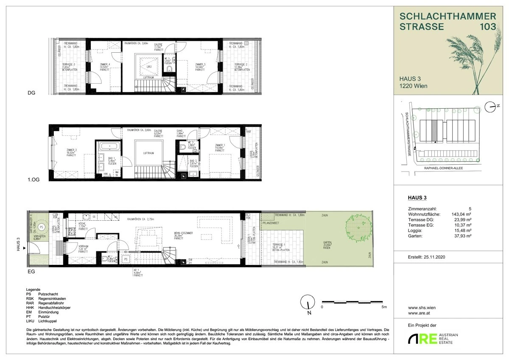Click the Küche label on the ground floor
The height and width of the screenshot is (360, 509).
pyautogui.click(x=82, y=225)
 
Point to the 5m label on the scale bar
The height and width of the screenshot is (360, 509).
pyautogui.click(x=383, y=306)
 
